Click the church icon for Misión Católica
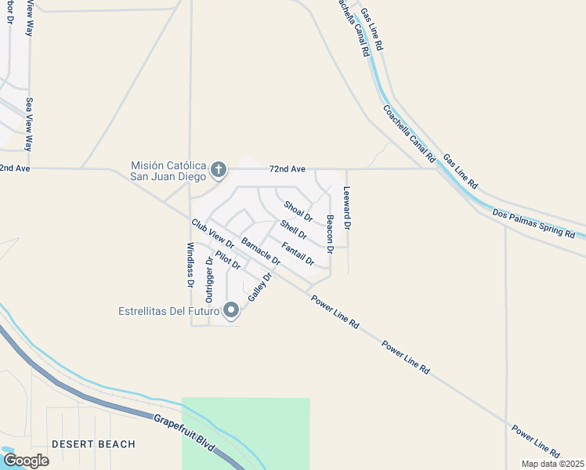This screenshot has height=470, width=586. coord(219,168)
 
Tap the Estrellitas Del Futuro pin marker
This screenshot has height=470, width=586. coord(231,311)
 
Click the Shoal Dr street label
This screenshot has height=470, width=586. coord(298,211)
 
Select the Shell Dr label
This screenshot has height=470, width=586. coord(293,230)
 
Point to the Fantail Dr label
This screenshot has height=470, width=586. coord(298,253)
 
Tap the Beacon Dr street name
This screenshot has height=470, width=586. coord(331,233)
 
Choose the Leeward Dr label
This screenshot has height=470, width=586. coord(348,208)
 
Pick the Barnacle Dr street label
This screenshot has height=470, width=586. coord(261,251)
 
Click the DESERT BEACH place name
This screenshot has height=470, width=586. coord(93,444)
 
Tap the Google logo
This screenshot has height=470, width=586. coord(26,460)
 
